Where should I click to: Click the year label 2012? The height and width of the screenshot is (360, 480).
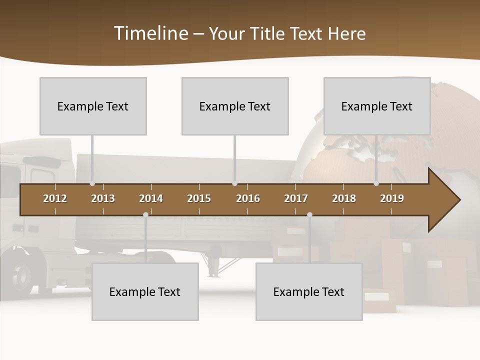(x=55, y=198)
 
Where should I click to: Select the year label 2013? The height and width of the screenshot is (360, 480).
(x=103, y=198)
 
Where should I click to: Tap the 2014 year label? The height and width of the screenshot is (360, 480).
(x=151, y=198)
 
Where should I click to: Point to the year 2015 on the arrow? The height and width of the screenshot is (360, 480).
(x=199, y=198)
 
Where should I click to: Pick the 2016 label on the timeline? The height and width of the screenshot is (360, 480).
(x=248, y=198)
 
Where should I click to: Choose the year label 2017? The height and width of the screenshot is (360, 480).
(x=296, y=198)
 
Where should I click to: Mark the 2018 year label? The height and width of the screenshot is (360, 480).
(x=344, y=198)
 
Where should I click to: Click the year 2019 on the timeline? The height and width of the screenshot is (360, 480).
(x=392, y=198)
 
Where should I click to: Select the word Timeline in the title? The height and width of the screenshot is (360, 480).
(x=150, y=33)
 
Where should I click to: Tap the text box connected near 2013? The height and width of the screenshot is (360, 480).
(x=93, y=106)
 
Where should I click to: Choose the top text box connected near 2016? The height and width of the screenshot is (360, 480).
(x=235, y=106)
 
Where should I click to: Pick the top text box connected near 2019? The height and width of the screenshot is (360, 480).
(x=377, y=106)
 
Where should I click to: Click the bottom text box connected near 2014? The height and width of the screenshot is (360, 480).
(x=145, y=291)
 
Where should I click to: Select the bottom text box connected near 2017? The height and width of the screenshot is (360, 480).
(x=309, y=291)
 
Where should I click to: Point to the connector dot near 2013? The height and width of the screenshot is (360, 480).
(x=92, y=183)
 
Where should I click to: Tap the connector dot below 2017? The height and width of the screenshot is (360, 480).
(x=309, y=215)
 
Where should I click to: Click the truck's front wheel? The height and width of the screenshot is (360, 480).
(x=20, y=272)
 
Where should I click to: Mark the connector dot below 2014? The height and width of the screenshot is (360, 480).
(x=145, y=215)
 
